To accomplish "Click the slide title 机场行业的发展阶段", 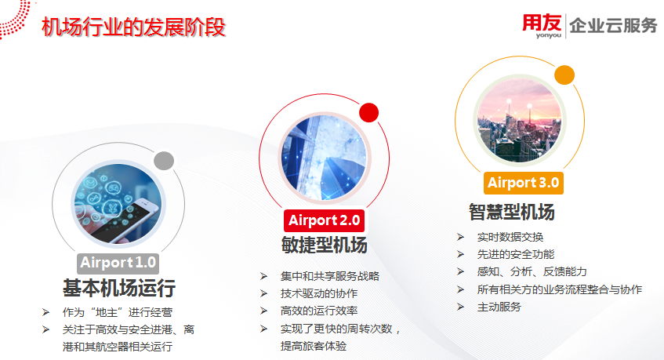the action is [x=133, y=27].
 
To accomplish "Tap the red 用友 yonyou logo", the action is [x=542, y=25].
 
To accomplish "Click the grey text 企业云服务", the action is [x=613, y=26].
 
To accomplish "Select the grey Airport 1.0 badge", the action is [x=118, y=263].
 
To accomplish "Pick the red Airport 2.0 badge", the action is [x=324, y=220].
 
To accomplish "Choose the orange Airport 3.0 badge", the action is [x=524, y=183].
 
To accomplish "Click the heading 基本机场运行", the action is [x=119, y=288].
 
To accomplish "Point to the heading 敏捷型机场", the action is [x=324, y=245].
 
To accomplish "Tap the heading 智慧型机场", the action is [x=512, y=212].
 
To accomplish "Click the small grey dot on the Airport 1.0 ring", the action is [x=164, y=161].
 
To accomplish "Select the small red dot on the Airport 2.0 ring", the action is [x=368, y=113].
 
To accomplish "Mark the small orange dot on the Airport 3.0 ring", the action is [x=564, y=75].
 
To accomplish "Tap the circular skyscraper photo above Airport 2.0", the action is [x=324, y=158].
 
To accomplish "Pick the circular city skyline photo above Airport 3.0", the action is [x=520, y=120].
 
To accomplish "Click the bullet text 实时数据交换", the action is [x=510, y=237].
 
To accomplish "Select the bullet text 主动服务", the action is [x=499, y=307].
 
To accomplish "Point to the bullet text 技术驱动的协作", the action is [x=319, y=293].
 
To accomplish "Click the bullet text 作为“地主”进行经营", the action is [x=118, y=313].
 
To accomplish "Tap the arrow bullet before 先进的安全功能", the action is [x=461, y=255].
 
